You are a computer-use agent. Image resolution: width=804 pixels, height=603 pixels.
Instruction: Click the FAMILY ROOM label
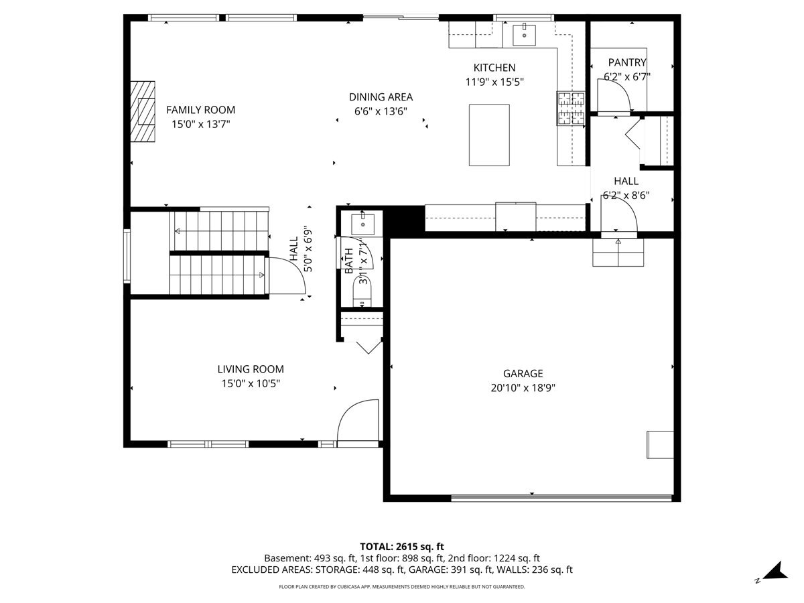click(200, 110)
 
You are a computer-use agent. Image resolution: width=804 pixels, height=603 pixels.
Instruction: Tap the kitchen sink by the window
click(524, 35)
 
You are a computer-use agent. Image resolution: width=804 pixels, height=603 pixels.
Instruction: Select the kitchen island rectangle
click(489, 135)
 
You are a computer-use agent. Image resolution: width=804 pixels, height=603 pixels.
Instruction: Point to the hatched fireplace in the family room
click(143, 111)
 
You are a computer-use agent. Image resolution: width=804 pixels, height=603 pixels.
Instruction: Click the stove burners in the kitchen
click(571, 108)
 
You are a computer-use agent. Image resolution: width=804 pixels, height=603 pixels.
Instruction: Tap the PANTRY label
click(627, 62)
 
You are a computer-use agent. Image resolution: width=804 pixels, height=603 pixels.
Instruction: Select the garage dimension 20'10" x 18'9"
click(523, 388)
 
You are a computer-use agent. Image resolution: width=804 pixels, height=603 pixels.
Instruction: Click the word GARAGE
click(523, 373)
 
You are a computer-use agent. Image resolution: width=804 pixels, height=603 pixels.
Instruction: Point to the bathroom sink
click(362, 224)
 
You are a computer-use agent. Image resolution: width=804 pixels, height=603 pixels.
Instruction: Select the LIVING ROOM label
click(251, 369)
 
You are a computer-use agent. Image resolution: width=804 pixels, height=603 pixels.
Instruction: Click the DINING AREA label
click(381, 97)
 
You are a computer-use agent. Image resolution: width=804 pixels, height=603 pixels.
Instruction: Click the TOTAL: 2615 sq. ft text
click(402, 547)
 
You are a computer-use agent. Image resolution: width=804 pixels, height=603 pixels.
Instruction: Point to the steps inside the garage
click(618, 253)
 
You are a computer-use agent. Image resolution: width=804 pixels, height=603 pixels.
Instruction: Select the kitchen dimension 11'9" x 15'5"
click(494, 82)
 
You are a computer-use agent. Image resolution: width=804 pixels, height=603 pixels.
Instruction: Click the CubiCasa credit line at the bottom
click(402, 587)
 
